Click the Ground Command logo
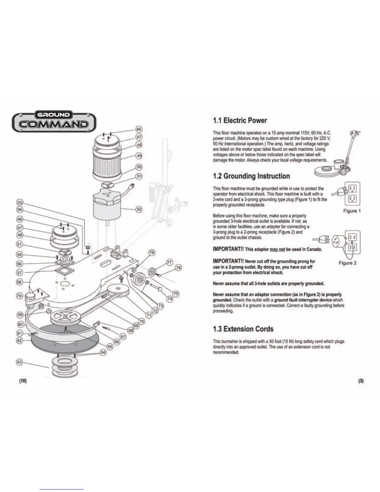click(x=54, y=121)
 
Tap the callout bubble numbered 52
click(x=139, y=209)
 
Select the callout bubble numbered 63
click(x=19, y=362)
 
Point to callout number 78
click(x=152, y=253)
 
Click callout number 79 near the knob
click(x=19, y=296)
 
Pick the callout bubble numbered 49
click(x=139, y=156)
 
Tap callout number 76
click(x=178, y=267)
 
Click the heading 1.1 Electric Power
click(x=240, y=120)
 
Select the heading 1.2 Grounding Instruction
click(x=251, y=176)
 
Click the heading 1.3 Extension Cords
click(x=243, y=329)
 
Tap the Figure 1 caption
click(x=352, y=211)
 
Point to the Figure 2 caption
click(x=347, y=263)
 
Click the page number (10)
click(x=23, y=381)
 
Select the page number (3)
click(x=361, y=381)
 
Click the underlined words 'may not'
click(x=277, y=249)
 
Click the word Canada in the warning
click(x=314, y=249)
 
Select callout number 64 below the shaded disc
click(x=103, y=353)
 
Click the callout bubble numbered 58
click(x=19, y=282)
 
